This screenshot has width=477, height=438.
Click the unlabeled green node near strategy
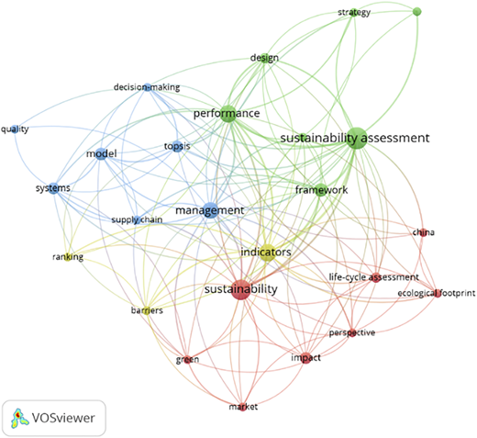click(417, 12)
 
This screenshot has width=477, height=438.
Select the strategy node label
click(354, 12)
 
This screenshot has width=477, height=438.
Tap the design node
click(264, 58)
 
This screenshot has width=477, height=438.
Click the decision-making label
click(147, 87)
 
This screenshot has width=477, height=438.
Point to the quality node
click(15, 129)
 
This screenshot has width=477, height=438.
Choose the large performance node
click(227, 114)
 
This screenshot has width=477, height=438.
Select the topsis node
click(177, 146)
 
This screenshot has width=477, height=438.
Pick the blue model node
click(101, 153)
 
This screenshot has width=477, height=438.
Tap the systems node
click(53, 188)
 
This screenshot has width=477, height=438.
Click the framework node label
click(321, 190)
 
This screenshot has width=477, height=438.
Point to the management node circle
click(211, 210)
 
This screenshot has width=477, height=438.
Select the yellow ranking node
click(68, 257)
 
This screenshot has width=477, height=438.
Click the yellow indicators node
click(267, 253)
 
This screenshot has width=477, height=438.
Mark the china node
click(423, 232)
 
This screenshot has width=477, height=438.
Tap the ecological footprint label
click(437, 293)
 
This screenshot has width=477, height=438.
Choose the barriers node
click(147, 311)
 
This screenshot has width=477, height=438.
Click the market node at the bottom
click(242, 407)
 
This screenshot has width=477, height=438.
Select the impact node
click(306, 358)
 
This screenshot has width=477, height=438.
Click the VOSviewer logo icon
click(19, 418)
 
